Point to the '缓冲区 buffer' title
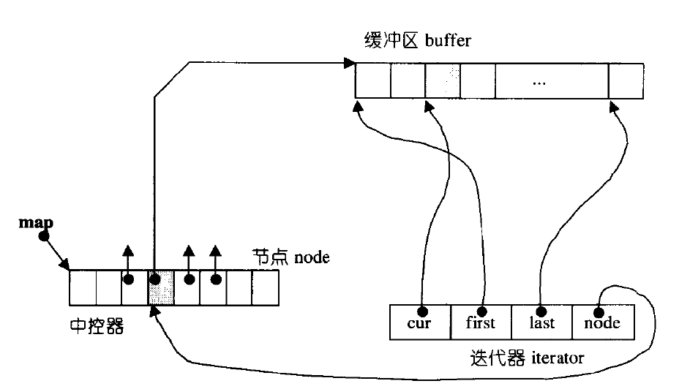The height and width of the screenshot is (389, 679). (x=417, y=40)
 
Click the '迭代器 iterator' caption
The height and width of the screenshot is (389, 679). (x=527, y=358)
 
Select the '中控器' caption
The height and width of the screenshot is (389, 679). (x=96, y=326)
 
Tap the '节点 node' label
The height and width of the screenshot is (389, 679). (x=290, y=257)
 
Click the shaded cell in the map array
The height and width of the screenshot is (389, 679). (x=161, y=287)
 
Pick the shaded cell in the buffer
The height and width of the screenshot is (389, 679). (x=443, y=80)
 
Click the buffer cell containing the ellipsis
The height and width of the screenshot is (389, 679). (x=539, y=80)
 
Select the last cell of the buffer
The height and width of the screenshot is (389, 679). (x=626, y=80)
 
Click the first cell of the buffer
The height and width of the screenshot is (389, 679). (x=372, y=80)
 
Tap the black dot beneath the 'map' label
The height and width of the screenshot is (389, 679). (x=43, y=236)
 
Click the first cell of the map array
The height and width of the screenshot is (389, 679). (x=83, y=287)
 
